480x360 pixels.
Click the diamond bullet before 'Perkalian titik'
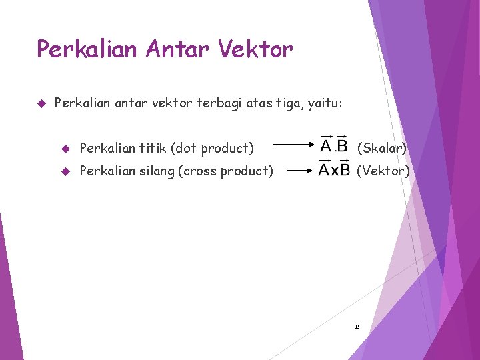click(x=65, y=148)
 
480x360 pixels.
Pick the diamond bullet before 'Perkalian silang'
click(x=65, y=171)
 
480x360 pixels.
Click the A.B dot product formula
click(x=334, y=145)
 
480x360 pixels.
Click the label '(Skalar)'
click(x=382, y=148)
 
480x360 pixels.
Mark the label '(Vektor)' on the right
click(x=383, y=171)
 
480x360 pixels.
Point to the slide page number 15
click(x=357, y=327)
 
